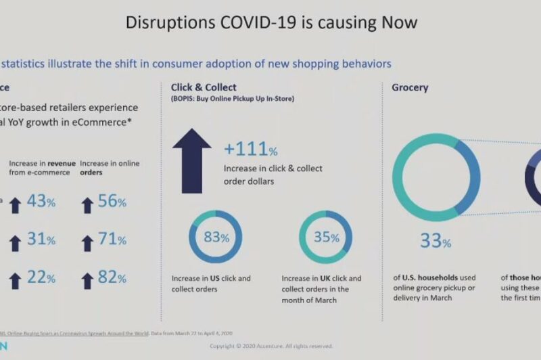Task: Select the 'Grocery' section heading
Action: point(410,87)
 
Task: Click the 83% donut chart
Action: point(216,238)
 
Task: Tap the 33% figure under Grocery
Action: point(436,240)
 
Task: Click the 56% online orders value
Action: point(112,202)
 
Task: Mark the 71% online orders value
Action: point(112,240)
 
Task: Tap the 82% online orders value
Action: point(112,277)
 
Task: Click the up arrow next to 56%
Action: point(87,204)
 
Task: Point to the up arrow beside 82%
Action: point(87,280)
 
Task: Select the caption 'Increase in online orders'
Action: point(104,168)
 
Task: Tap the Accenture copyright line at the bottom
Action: point(270,346)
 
